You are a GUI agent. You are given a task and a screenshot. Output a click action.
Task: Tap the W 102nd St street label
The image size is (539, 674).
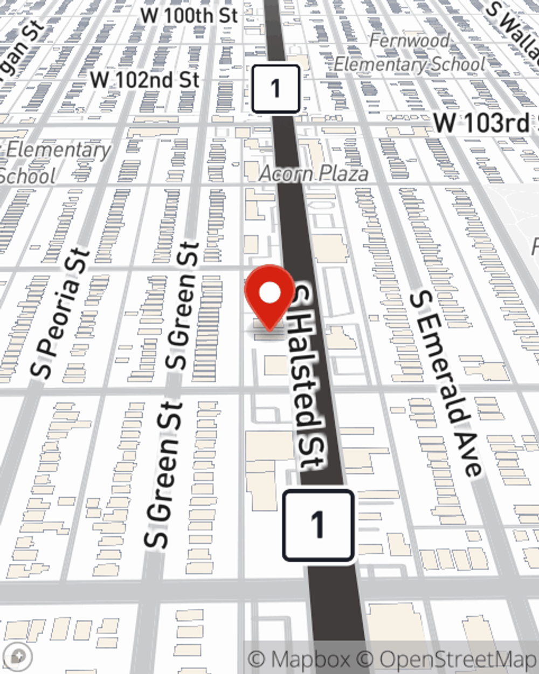pos(144,80)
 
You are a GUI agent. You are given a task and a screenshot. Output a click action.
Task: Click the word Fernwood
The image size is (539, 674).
pos(410,40)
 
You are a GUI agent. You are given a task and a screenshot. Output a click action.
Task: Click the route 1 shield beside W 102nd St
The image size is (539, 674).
pos(275,88)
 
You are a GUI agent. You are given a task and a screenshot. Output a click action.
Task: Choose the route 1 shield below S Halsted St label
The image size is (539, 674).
pos(318,524)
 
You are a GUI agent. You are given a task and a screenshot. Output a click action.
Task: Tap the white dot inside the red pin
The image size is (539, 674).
pos(269,293)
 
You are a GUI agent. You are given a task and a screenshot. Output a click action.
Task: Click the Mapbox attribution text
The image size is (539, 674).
pos(299,659)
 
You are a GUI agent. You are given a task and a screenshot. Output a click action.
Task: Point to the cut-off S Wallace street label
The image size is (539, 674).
pos(515,24)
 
